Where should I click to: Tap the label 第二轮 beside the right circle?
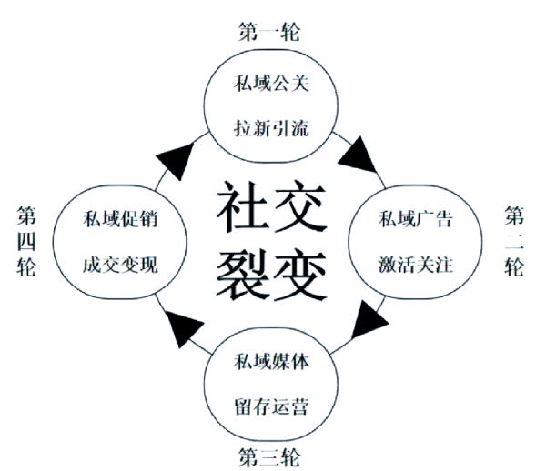[514, 244]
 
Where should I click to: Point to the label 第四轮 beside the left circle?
[26, 244]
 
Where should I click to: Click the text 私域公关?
[270, 87]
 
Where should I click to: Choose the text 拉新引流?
[270, 126]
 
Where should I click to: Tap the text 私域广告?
[415, 221]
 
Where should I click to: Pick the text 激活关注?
[415, 265]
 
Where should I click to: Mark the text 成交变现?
[119, 265]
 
